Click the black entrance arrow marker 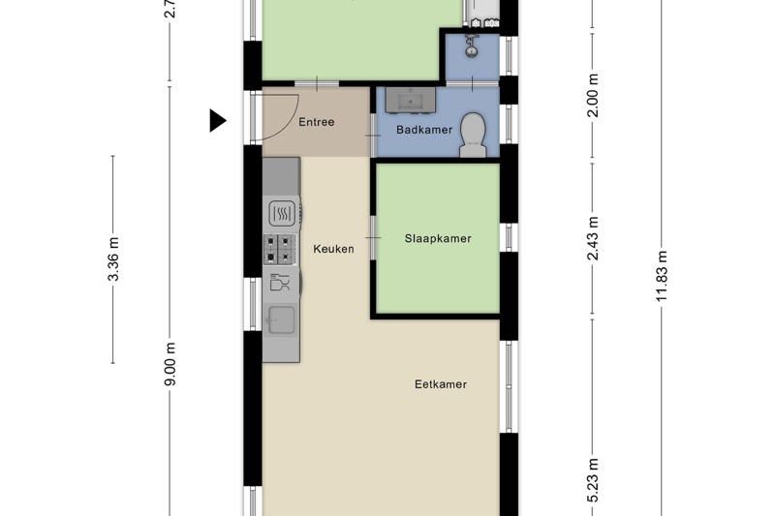[x=218, y=121]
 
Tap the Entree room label [x=316, y=122]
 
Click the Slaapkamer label [x=438, y=238]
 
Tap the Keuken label [x=333, y=249]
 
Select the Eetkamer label [x=440, y=384]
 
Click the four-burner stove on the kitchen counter [x=281, y=249]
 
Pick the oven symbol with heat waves [x=281, y=213]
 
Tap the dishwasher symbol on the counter [x=281, y=284]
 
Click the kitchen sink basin [x=282, y=318]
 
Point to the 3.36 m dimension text [x=113, y=259]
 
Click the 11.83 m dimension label [x=663, y=276]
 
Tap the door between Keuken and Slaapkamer [x=372, y=238]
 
